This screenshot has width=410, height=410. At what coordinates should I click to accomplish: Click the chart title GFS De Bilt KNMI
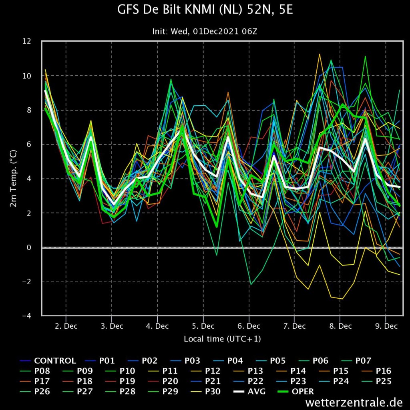pyautogui.click(x=205, y=10)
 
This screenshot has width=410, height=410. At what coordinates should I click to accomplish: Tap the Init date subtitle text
pyautogui.click(x=205, y=31)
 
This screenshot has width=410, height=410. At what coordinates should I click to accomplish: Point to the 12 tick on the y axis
pyautogui.click(x=27, y=41)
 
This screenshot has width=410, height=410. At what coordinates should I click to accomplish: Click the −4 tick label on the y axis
pyautogui.click(x=26, y=316)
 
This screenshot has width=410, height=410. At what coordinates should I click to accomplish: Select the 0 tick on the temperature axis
pyautogui.click(x=29, y=247)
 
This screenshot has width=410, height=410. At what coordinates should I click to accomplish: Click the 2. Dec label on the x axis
pyautogui.click(x=66, y=326)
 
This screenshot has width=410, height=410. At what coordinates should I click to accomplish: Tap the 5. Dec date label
pyautogui.click(x=203, y=326)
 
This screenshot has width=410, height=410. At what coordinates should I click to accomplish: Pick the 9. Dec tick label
pyautogui.click(x=386, y=326)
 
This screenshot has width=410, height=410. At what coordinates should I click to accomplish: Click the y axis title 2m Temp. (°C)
pyautogui.click(x=13, y=178)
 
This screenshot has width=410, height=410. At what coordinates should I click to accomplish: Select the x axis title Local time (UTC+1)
pyautogui.click(x=222, y=339)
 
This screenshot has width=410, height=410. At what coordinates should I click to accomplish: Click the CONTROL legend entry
pyautogui.click(x=48, y=361)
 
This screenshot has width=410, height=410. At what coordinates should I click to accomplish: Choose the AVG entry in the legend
pyautogui.click(x=249, y=392)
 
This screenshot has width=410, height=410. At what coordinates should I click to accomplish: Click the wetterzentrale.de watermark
pyautogui.click(x=354, y=402)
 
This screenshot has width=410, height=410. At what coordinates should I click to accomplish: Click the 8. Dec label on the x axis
pyautogui.click(x=340, y=326)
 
